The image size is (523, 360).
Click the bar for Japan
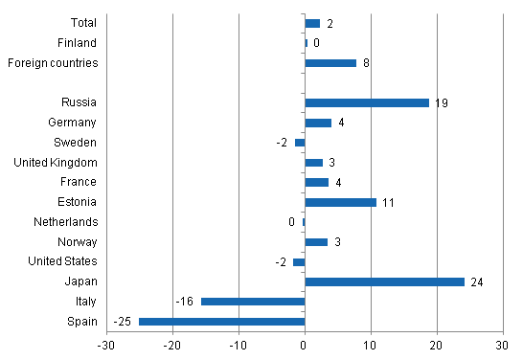(x=384, y=281)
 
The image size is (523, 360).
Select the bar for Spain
(x=221, y=321)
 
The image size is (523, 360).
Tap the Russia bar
(x=367, y=102)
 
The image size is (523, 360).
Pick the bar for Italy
(x=252, y=302)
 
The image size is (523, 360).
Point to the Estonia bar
(x=340, y=202)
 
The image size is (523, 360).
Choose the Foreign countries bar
(x=330, y=63)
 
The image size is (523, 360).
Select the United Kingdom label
(x=57, y=162)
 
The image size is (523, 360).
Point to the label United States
(x=63, y=261)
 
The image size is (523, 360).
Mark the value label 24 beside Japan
(x=476, y=282)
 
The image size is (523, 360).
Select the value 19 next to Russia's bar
(x=441, y=103)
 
